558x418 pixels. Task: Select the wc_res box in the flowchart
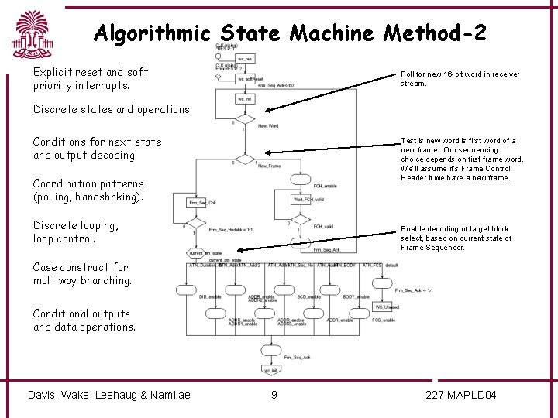click(x=245, y=59)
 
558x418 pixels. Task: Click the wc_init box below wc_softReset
click(x=245, y=99)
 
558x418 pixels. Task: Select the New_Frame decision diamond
click(x=245, y=161)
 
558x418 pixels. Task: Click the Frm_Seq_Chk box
click(x=201, y=203)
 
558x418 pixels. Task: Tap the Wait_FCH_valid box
click(x=308, y=199)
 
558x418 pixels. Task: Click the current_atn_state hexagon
click(x=205, y=253)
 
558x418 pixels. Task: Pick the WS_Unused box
click(x=387, y=307)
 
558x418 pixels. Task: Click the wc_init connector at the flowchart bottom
click(x=270, y=370)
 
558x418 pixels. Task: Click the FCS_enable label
click(x=383, y=320)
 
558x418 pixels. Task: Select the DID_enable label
click(x=209, y=297)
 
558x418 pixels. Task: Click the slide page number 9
click(x=274, y=396)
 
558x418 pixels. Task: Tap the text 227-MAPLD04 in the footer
click(x=462, y=396)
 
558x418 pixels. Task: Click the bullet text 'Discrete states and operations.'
click(x=112, y=109)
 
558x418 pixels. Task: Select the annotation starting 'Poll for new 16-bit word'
click(x=460, y=78)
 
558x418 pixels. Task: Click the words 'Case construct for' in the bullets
click(x=81, y=267)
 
